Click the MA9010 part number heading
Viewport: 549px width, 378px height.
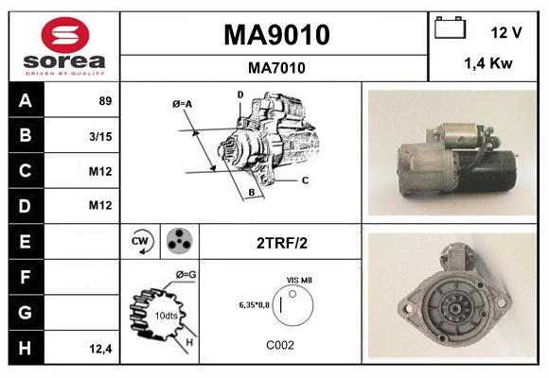coord(275,35)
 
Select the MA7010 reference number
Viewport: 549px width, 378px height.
coord(275,67)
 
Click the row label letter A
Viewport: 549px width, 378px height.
coord(26,101)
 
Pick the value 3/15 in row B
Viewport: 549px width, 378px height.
coord(99,136)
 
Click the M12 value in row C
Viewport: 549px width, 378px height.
coord(99,171)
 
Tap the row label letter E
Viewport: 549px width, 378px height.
coord(26,241)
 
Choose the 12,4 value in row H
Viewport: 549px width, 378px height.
coord(99,348)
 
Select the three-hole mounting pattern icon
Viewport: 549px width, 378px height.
coord(178,242)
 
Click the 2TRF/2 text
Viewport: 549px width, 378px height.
coord(281,243)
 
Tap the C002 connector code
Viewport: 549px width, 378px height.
coord(281,345)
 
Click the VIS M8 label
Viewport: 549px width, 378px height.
coord(299,281)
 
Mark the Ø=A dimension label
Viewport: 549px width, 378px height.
coord(183,103)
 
